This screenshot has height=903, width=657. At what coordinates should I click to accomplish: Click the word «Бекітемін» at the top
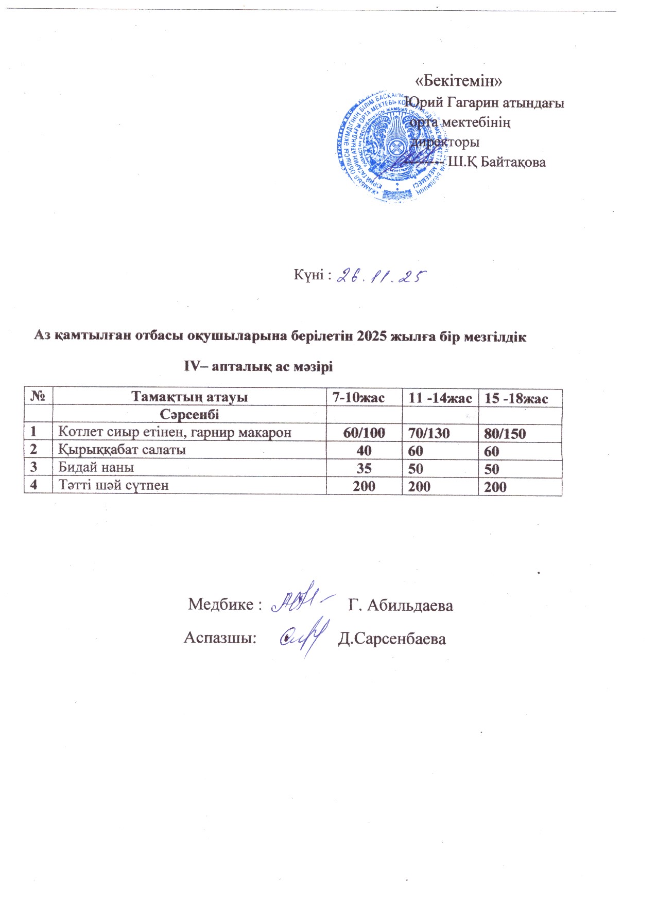[x=458, y=81]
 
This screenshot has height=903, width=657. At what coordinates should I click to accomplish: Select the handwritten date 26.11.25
[x=382, y=276]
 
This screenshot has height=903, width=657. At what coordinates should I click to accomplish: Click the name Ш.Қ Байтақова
[x=497, y=163]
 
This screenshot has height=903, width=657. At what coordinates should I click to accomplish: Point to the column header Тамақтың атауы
[x=189, y=397]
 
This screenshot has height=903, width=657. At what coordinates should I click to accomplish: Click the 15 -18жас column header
[x=520, y=398]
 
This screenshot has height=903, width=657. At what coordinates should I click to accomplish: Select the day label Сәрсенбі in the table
[x=189, y=415]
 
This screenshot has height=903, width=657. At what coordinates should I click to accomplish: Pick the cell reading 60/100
[x=364, y=433]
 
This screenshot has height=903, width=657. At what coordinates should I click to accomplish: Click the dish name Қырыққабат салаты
[x=122, y=450]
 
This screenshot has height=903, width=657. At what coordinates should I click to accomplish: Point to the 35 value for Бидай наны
[x=364, y=468]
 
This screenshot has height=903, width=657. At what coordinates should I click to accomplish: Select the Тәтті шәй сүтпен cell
[x=113, y=485]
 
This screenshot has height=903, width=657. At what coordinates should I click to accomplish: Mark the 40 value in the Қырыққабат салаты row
[x=364, y=451]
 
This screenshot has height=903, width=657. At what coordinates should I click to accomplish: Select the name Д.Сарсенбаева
[x=392, y=639]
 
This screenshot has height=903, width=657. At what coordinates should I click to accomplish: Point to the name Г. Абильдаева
[x=401, y=605]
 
